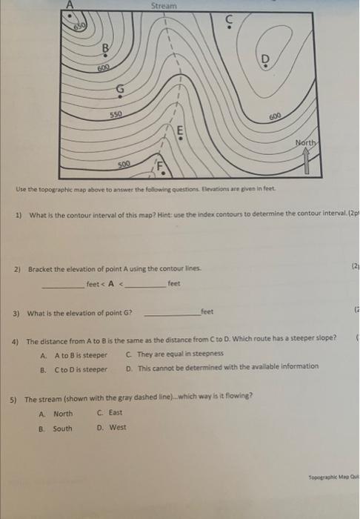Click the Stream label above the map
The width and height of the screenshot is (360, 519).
coord(164,6)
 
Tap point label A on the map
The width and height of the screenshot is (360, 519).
coord(71,4)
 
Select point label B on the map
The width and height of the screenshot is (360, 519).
coord(105,50)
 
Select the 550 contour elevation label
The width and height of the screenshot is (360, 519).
coord(116,116)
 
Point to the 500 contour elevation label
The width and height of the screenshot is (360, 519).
coord(124,164)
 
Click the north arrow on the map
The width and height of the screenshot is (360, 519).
coord(307,159)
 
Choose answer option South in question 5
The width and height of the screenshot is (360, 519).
coord(62,428)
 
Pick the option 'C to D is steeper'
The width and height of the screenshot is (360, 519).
coord(81,368)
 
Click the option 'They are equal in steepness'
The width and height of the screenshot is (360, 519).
coord(174,354)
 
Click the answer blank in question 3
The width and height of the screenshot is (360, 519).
coord(170,314)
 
